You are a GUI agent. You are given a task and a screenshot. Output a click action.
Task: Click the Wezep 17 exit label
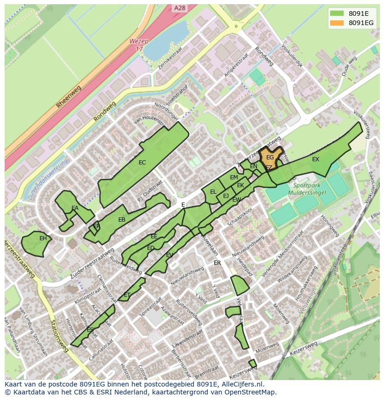coord(139,45)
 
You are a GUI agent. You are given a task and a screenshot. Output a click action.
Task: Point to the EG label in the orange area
coord(270,158)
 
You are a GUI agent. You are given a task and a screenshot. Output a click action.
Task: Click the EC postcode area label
coord(142,163)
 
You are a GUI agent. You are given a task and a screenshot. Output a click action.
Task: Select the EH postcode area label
coord(43,238)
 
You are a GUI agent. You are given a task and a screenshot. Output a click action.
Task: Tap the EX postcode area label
coord(315,159)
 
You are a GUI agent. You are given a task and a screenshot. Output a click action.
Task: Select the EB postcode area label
coord(122,220)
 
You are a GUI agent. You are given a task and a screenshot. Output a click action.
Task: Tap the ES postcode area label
coord(90,330)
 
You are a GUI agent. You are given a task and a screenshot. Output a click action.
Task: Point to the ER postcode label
coord(217,263)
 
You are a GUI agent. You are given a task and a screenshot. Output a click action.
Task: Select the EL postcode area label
coord(213,191)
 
